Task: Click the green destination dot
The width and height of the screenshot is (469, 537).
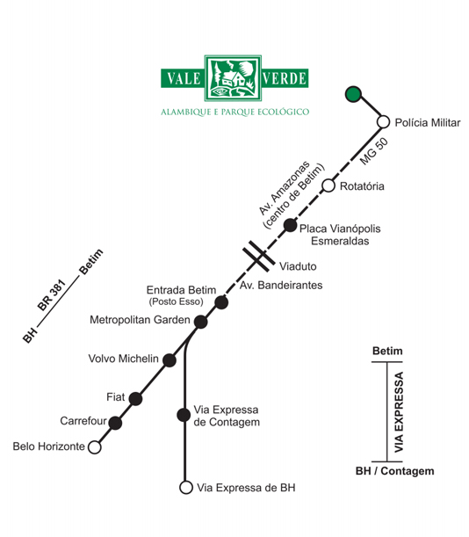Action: (353, 94)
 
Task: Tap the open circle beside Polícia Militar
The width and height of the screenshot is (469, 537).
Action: (384, 121)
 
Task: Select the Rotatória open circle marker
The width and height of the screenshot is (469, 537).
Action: (328, 185)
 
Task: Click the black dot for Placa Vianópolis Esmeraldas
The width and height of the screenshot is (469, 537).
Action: (290, 225)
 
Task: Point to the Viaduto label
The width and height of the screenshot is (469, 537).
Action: (298, 266)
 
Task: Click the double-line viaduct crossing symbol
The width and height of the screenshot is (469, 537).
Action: (259, 256)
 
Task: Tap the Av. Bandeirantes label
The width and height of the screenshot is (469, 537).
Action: (281, 285)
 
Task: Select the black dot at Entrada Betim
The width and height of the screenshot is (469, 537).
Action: (221, 302)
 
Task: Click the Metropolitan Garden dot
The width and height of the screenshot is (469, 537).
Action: (200, 322)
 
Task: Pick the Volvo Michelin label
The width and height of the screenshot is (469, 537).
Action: (123, 359)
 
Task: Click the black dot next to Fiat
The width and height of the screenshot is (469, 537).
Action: (135, 399)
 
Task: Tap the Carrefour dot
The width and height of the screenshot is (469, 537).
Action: (115, 423)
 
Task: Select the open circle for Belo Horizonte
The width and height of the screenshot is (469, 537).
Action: (95, 447)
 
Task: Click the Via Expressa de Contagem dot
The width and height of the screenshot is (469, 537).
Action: (184, 415)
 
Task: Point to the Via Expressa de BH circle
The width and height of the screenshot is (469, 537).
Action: (186, 487)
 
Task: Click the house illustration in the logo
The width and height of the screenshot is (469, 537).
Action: (233, 79)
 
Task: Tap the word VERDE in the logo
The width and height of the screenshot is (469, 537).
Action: (285, 78)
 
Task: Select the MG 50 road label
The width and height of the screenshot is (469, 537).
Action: (374, 151)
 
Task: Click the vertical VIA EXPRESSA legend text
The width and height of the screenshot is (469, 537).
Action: (399, 412)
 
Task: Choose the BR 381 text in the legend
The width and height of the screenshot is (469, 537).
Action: (51, 295)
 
